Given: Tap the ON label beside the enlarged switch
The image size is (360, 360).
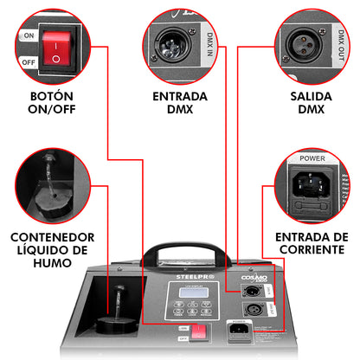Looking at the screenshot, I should (28, 37).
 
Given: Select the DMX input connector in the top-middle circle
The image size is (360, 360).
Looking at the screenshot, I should (174, 43).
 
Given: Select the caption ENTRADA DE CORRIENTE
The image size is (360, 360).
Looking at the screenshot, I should (311, 243).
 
